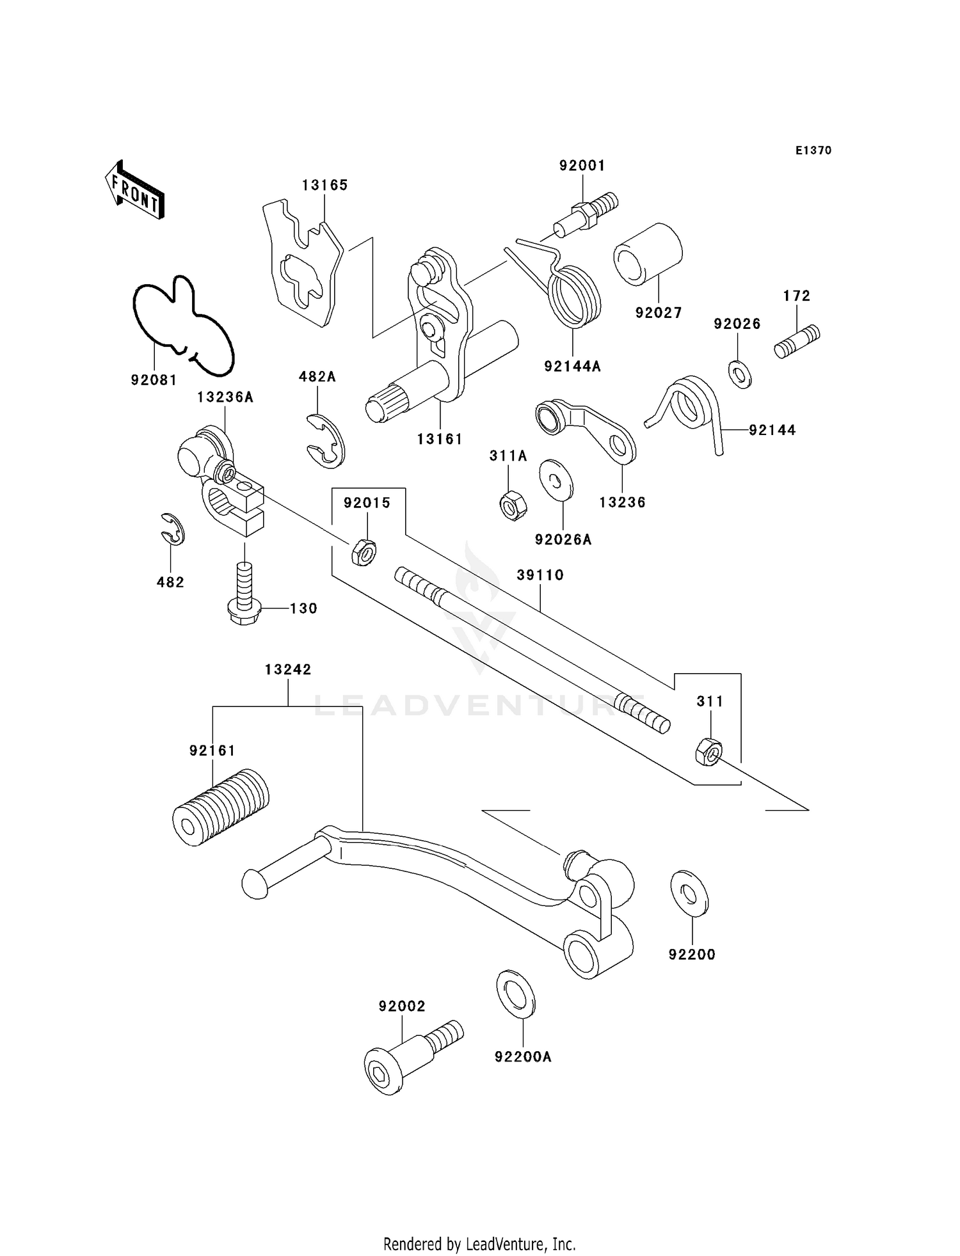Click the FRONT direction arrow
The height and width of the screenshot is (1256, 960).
tap(134, 191)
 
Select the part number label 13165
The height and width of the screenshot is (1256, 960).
tap(324, 185)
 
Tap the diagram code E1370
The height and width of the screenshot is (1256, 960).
tap(813, 150)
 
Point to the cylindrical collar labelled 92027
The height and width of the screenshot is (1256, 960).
tap(648, 253)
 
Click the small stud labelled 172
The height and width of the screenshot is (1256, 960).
tap(797, 342)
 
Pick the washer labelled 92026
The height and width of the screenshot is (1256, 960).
tap(740, 374)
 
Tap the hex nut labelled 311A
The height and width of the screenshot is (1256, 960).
tap(512, 504)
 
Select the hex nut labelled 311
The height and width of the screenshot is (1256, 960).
tap(708, 751)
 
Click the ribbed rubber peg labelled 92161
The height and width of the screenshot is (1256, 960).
tap(221, 807)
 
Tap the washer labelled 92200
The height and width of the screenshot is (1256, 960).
tap(689, 893)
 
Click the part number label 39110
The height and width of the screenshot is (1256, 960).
tap(540, 575)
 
